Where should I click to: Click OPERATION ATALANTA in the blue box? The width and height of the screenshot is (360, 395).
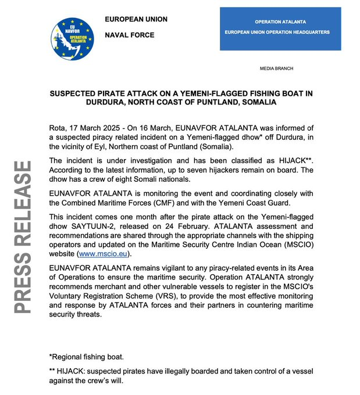[x=280, y=21]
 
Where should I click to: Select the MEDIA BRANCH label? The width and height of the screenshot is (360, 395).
[x=276, y=69]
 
